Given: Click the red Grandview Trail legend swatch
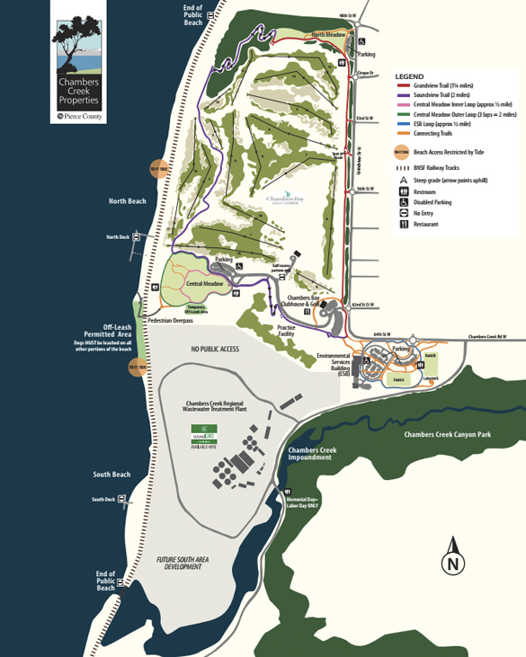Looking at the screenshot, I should click(x=402, y=86).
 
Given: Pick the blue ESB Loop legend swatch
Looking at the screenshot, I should click(x=402, y=122).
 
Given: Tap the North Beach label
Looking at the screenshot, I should click(x=127, y=201).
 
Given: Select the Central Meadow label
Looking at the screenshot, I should click(x=204, y=284).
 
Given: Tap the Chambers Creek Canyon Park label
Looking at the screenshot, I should click(x=447, y=435).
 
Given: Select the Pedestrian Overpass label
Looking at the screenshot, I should click(x=170, y=320).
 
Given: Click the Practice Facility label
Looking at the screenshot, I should click(x=286, y=330).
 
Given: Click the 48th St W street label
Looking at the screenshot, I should click(x=347, y=16).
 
